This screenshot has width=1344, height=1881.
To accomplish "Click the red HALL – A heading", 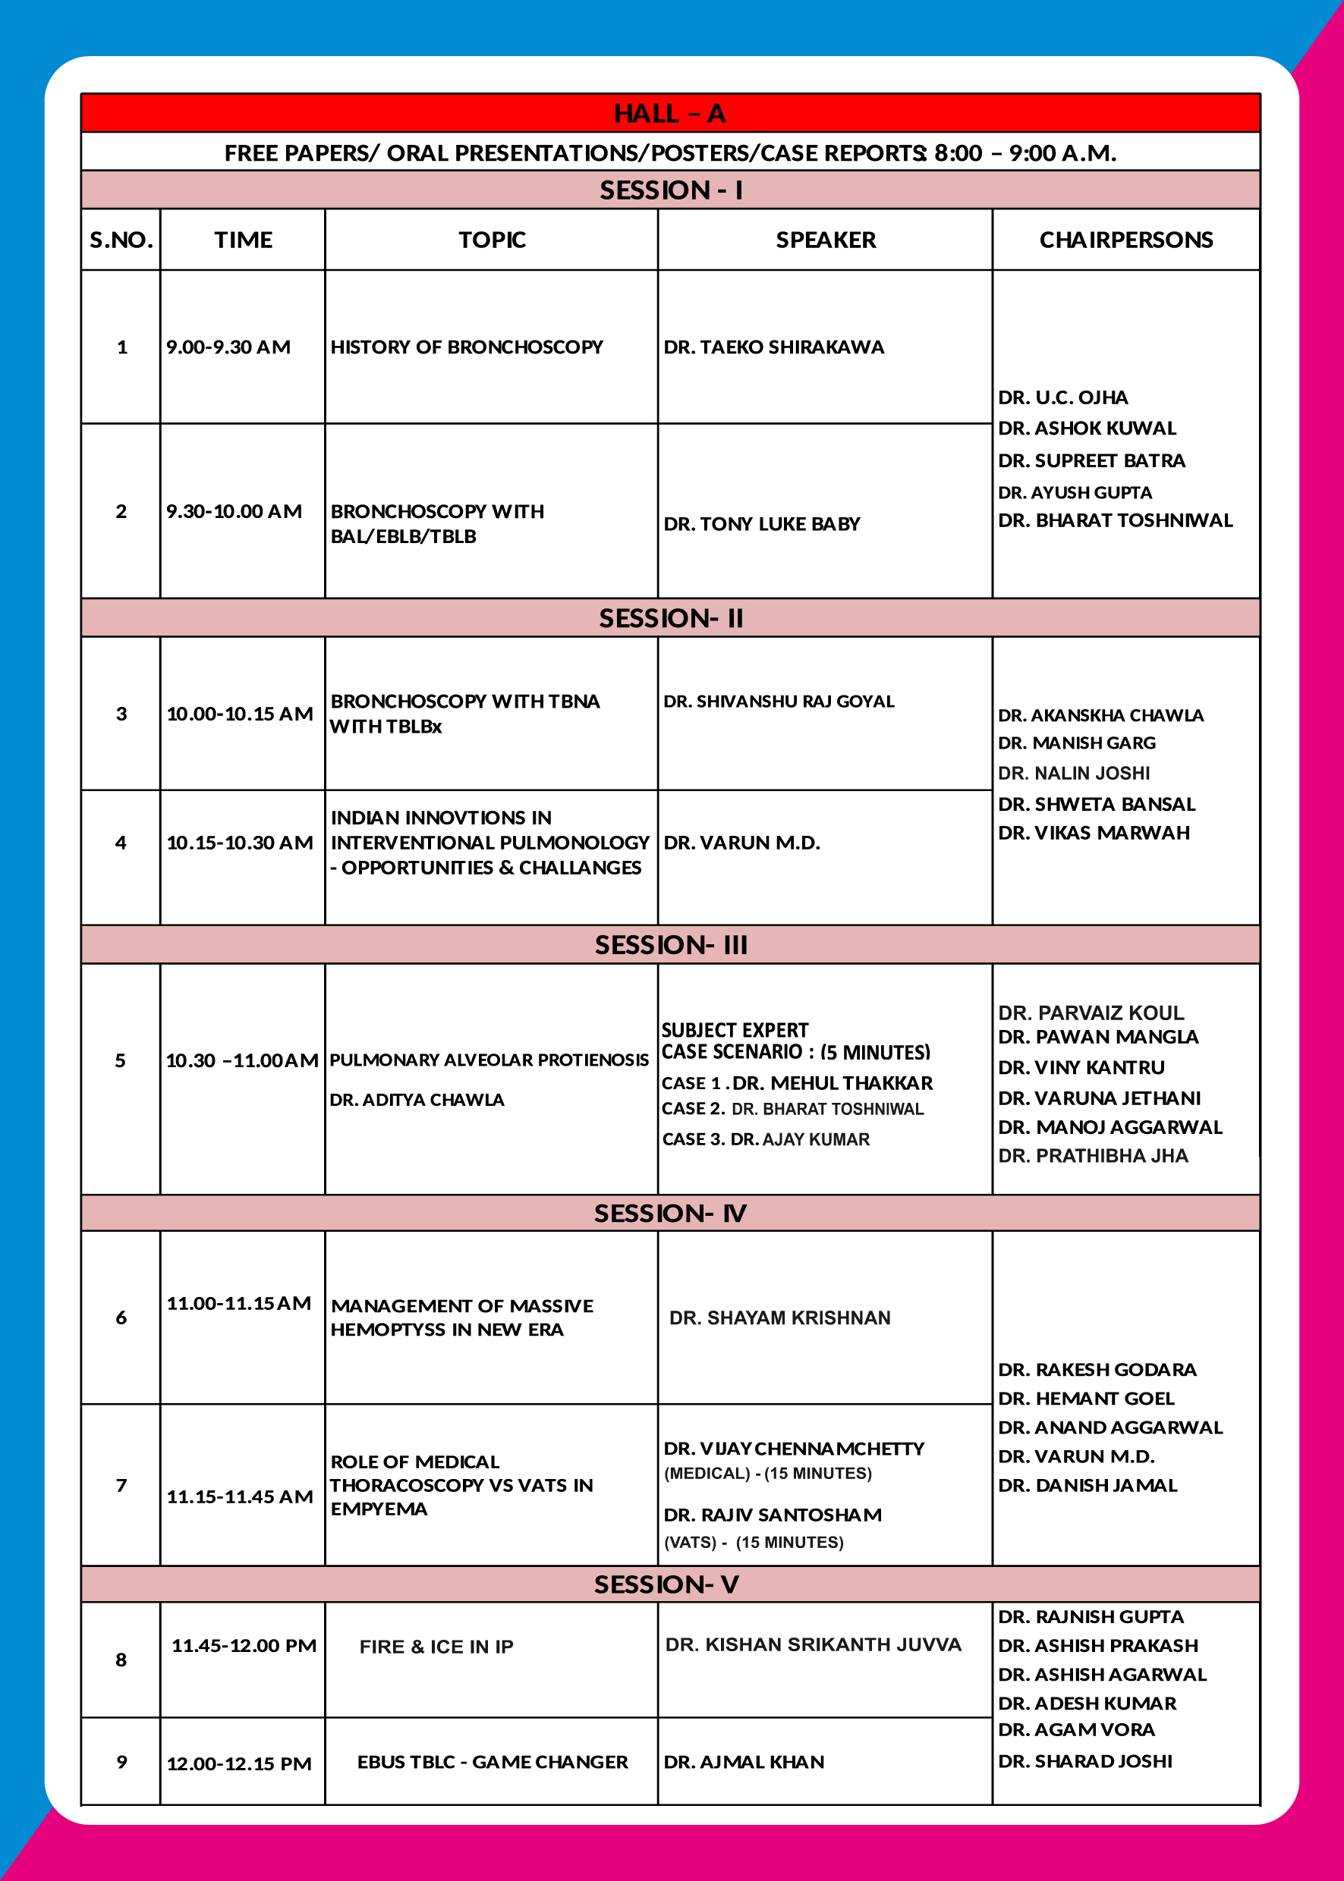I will [x=669, y=113].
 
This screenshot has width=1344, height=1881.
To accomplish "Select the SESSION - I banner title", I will [x=670, y=190].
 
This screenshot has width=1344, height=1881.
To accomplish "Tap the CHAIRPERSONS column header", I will [x=1125, y=240].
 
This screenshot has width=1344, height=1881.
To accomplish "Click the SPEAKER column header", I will [x=825, y=240].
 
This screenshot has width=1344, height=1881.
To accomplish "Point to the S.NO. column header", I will [x=121, y=240].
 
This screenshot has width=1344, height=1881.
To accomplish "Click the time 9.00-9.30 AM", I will [x=228, y=347].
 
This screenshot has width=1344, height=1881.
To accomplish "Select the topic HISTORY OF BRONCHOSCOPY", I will [x=467, y=347].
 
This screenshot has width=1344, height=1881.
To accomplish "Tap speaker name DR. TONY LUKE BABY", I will [x=761, y=524].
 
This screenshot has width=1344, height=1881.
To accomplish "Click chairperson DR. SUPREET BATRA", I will [x=1091, y=460].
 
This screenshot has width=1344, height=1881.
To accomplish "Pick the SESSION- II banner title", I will [x=670, y=619].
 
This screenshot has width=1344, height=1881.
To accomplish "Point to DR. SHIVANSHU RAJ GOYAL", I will [x=778, y=702].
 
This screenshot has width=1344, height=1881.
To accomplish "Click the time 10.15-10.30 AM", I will [x=239, y=843].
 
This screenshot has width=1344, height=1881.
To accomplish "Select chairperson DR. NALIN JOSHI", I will [x=1073, y=774].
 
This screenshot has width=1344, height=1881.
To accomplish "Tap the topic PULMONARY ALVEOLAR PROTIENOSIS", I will [x=488, y=1060].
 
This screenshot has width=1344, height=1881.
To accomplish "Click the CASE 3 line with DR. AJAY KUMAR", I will [x=766, y=1140].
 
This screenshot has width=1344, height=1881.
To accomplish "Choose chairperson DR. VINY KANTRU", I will [x=1081, y=1068].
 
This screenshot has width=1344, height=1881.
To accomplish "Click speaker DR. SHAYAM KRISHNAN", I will [x=779, y=1317].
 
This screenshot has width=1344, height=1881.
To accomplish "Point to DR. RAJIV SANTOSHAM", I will [x=772, y=1515].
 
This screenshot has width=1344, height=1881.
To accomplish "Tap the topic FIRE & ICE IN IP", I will [x=436, y=1647].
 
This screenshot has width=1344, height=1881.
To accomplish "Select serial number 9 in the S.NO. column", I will [x=121, y=1762].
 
